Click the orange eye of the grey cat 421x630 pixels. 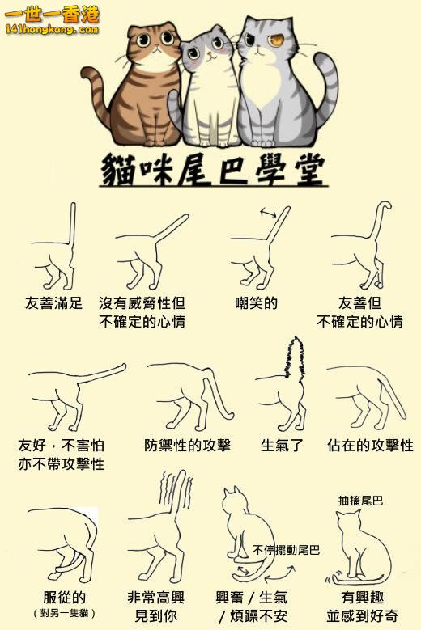277,40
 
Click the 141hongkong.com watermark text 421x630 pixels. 52,29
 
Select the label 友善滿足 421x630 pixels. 53,302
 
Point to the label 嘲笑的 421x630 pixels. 256,302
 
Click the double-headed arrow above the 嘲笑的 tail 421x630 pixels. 268,213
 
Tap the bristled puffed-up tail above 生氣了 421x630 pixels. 295,357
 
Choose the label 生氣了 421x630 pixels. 281,445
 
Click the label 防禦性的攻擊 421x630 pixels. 187,445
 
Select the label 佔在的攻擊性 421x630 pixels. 370,445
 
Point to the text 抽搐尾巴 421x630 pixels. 360,501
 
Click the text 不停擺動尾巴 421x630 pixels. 286,550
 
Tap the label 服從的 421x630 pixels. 64,597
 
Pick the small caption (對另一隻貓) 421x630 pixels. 64,613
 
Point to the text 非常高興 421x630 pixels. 156,597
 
